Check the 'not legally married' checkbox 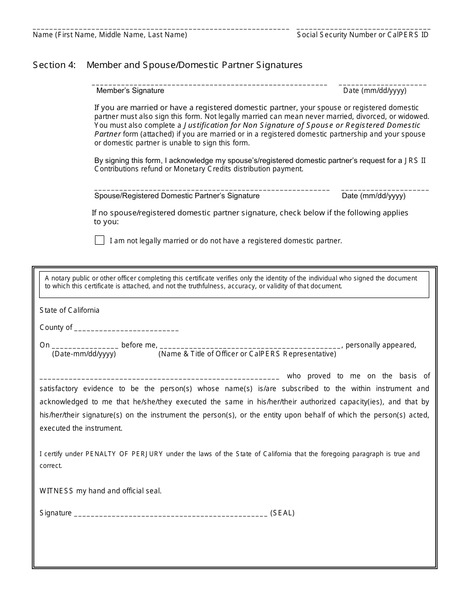tap(99, 240)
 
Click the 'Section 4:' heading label tap(54, 65)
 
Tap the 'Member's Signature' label tap(130, 91)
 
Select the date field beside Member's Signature tap(382, 84)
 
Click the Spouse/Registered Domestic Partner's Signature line tap(211, 189)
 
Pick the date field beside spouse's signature tap(385, 189)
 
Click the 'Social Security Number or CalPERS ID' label tap(363, 35)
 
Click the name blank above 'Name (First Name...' tap(161, 28)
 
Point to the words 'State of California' tap(70, 310)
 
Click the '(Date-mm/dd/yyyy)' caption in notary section tap(84, 354)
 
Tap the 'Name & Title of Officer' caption tap(247, 354)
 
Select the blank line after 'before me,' tap(250, 345)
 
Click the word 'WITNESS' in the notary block tap(56, 491)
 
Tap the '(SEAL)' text tap(282, 513)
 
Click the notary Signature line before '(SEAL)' tap(170, 514)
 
